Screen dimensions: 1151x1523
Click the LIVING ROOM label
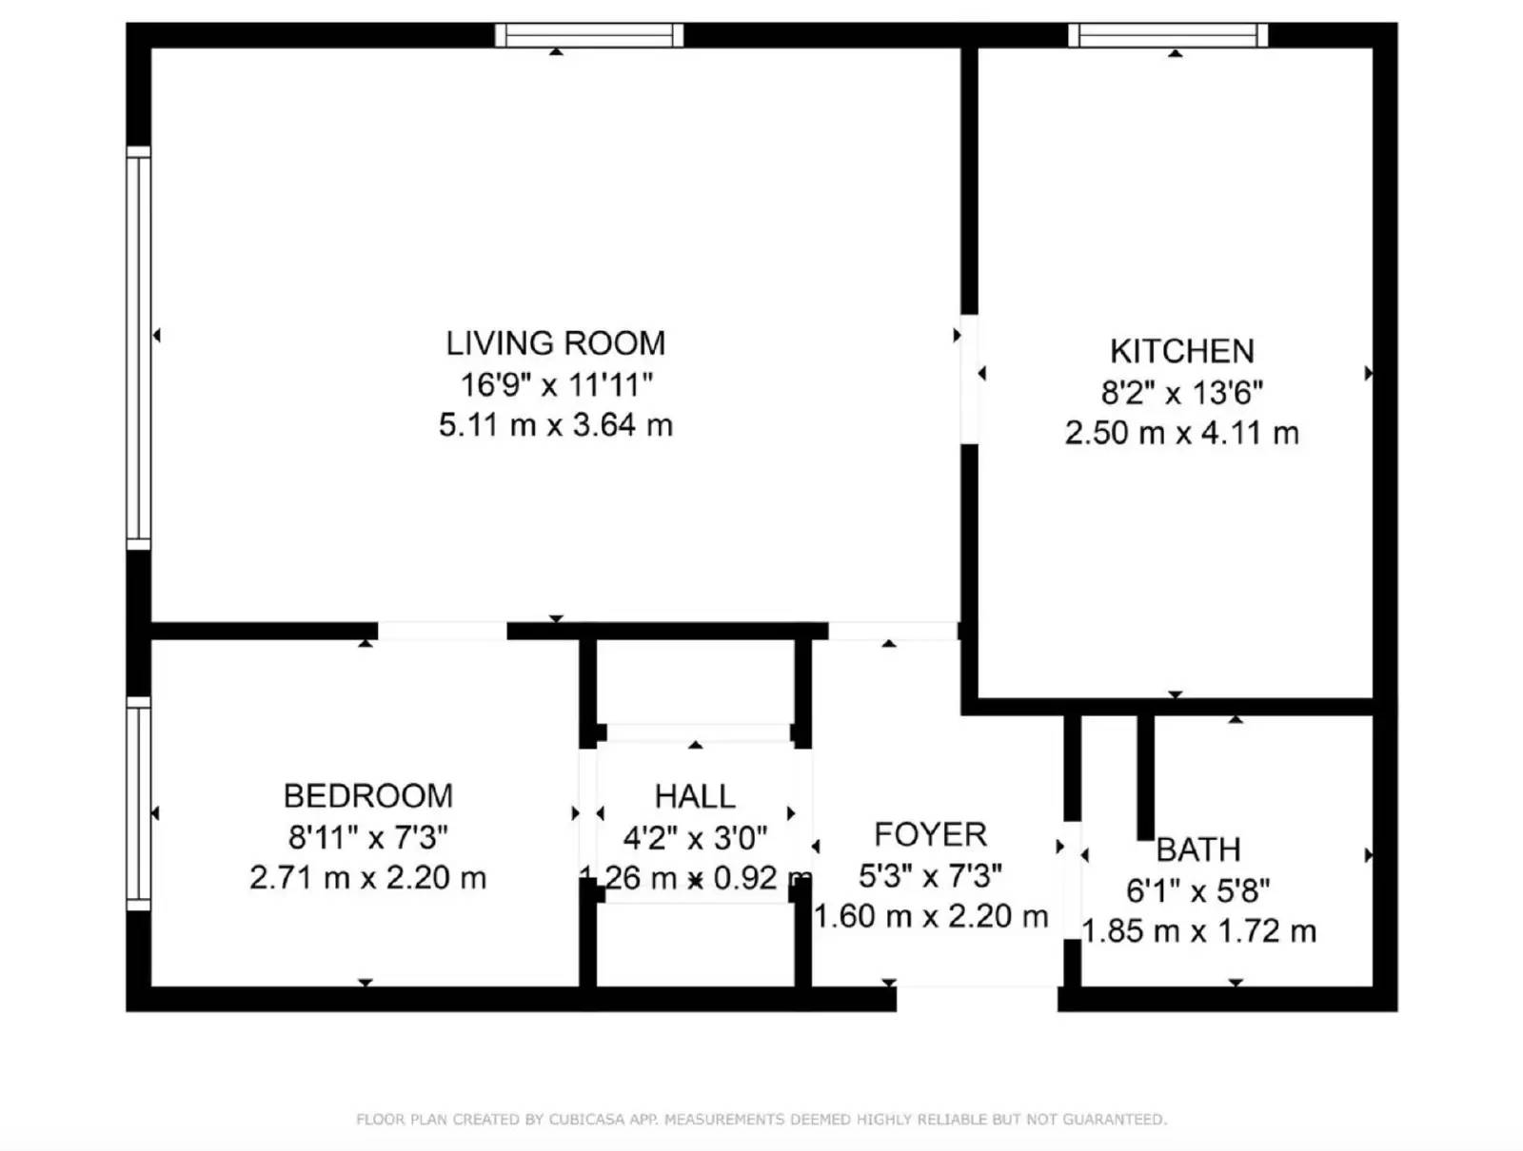(555, 343)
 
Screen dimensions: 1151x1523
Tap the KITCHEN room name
(1181, 351)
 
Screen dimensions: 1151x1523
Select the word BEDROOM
(367, 795)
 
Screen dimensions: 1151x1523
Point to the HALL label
(694, 795)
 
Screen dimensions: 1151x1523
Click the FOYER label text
(930, 834)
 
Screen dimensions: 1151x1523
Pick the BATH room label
(1198, 849)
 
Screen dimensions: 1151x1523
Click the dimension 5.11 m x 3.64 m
(555, 424)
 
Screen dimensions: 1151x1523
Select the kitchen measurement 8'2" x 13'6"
(1181, 392)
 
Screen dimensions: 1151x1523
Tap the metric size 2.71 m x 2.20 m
(367, 877)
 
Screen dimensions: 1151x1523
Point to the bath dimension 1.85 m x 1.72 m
(1198, 930)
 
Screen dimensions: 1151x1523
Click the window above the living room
(589, 35)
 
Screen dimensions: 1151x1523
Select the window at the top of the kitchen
(1168, 35)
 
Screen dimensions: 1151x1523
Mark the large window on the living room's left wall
(139, 348)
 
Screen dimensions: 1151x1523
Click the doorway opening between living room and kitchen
(969, 379)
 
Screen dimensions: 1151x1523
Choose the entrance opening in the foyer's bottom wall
(977, 998)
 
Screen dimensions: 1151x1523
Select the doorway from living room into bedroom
(443, 631)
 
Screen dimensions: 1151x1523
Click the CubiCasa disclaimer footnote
(761, 1120)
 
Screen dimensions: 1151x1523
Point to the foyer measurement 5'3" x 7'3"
(930, 875)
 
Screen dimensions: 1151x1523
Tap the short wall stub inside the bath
(1145, 775)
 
